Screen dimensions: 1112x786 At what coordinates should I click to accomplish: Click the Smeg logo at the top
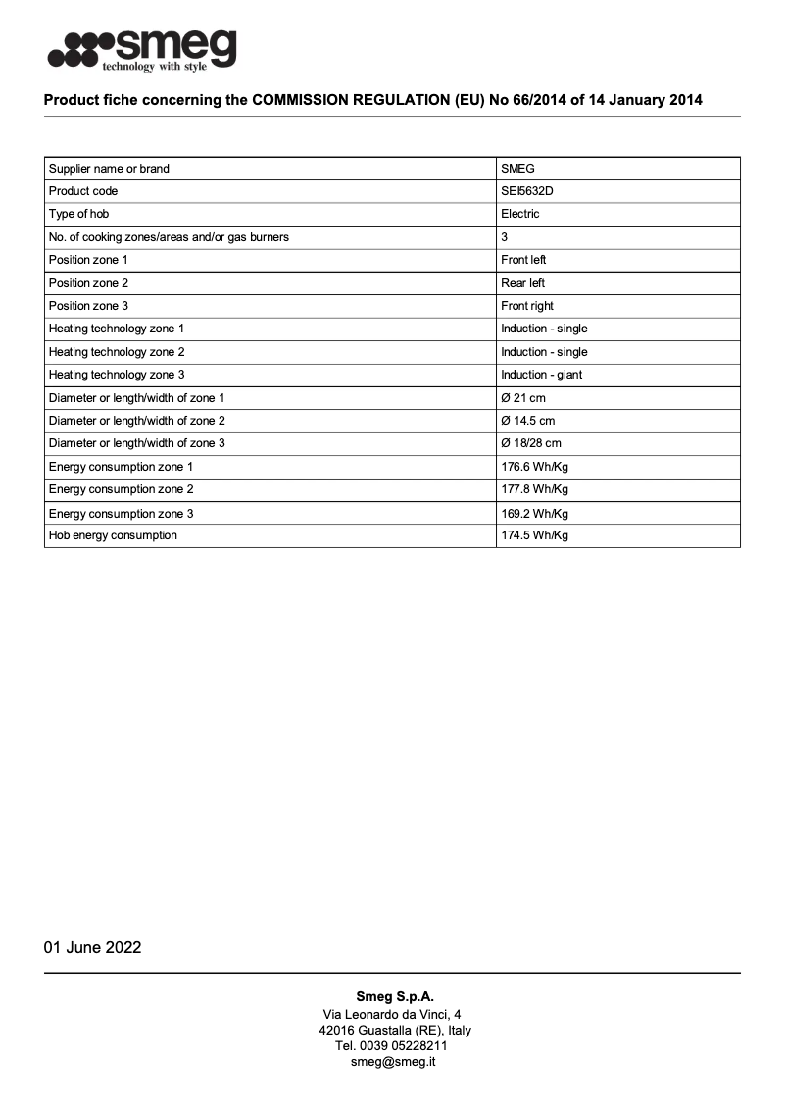[x=143, y=49]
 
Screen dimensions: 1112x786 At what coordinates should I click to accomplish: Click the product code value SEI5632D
[x=526, y=191]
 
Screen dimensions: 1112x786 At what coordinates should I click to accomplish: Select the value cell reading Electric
[x=519, y=214]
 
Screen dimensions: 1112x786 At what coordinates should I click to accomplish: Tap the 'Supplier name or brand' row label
[x=109, y=169]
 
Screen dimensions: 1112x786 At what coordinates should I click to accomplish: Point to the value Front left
[x=523, y=260]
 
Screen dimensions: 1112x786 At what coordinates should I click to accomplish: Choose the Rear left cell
[x=522, y=283]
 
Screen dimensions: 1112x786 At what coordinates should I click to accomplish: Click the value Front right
[x=527, y=306]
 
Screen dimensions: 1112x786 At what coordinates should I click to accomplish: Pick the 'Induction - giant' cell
[x=541, y=375]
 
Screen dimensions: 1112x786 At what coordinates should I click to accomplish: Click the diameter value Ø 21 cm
[x=522, y=398]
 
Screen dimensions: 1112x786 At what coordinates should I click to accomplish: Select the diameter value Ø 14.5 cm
[x=527, y=421]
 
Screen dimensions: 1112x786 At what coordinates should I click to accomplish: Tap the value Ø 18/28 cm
[x=530, y=443]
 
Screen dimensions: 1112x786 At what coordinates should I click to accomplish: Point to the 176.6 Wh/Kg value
[x=534, y=467]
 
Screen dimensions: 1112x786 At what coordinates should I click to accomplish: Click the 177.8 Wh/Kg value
[x=534, y=489]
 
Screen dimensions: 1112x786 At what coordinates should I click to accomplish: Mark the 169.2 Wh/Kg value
[x=534, y=513]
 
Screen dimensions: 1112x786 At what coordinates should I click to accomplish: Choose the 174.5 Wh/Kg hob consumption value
[x=534, y=535]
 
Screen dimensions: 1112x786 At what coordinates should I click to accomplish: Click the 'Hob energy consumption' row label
[x=113, y=535]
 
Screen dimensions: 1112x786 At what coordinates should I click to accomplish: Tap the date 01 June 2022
[x=92, y=947]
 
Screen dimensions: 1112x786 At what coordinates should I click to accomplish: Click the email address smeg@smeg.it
[x=393, y=1062]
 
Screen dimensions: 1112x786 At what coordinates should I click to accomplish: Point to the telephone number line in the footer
[x=392, y=1046]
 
